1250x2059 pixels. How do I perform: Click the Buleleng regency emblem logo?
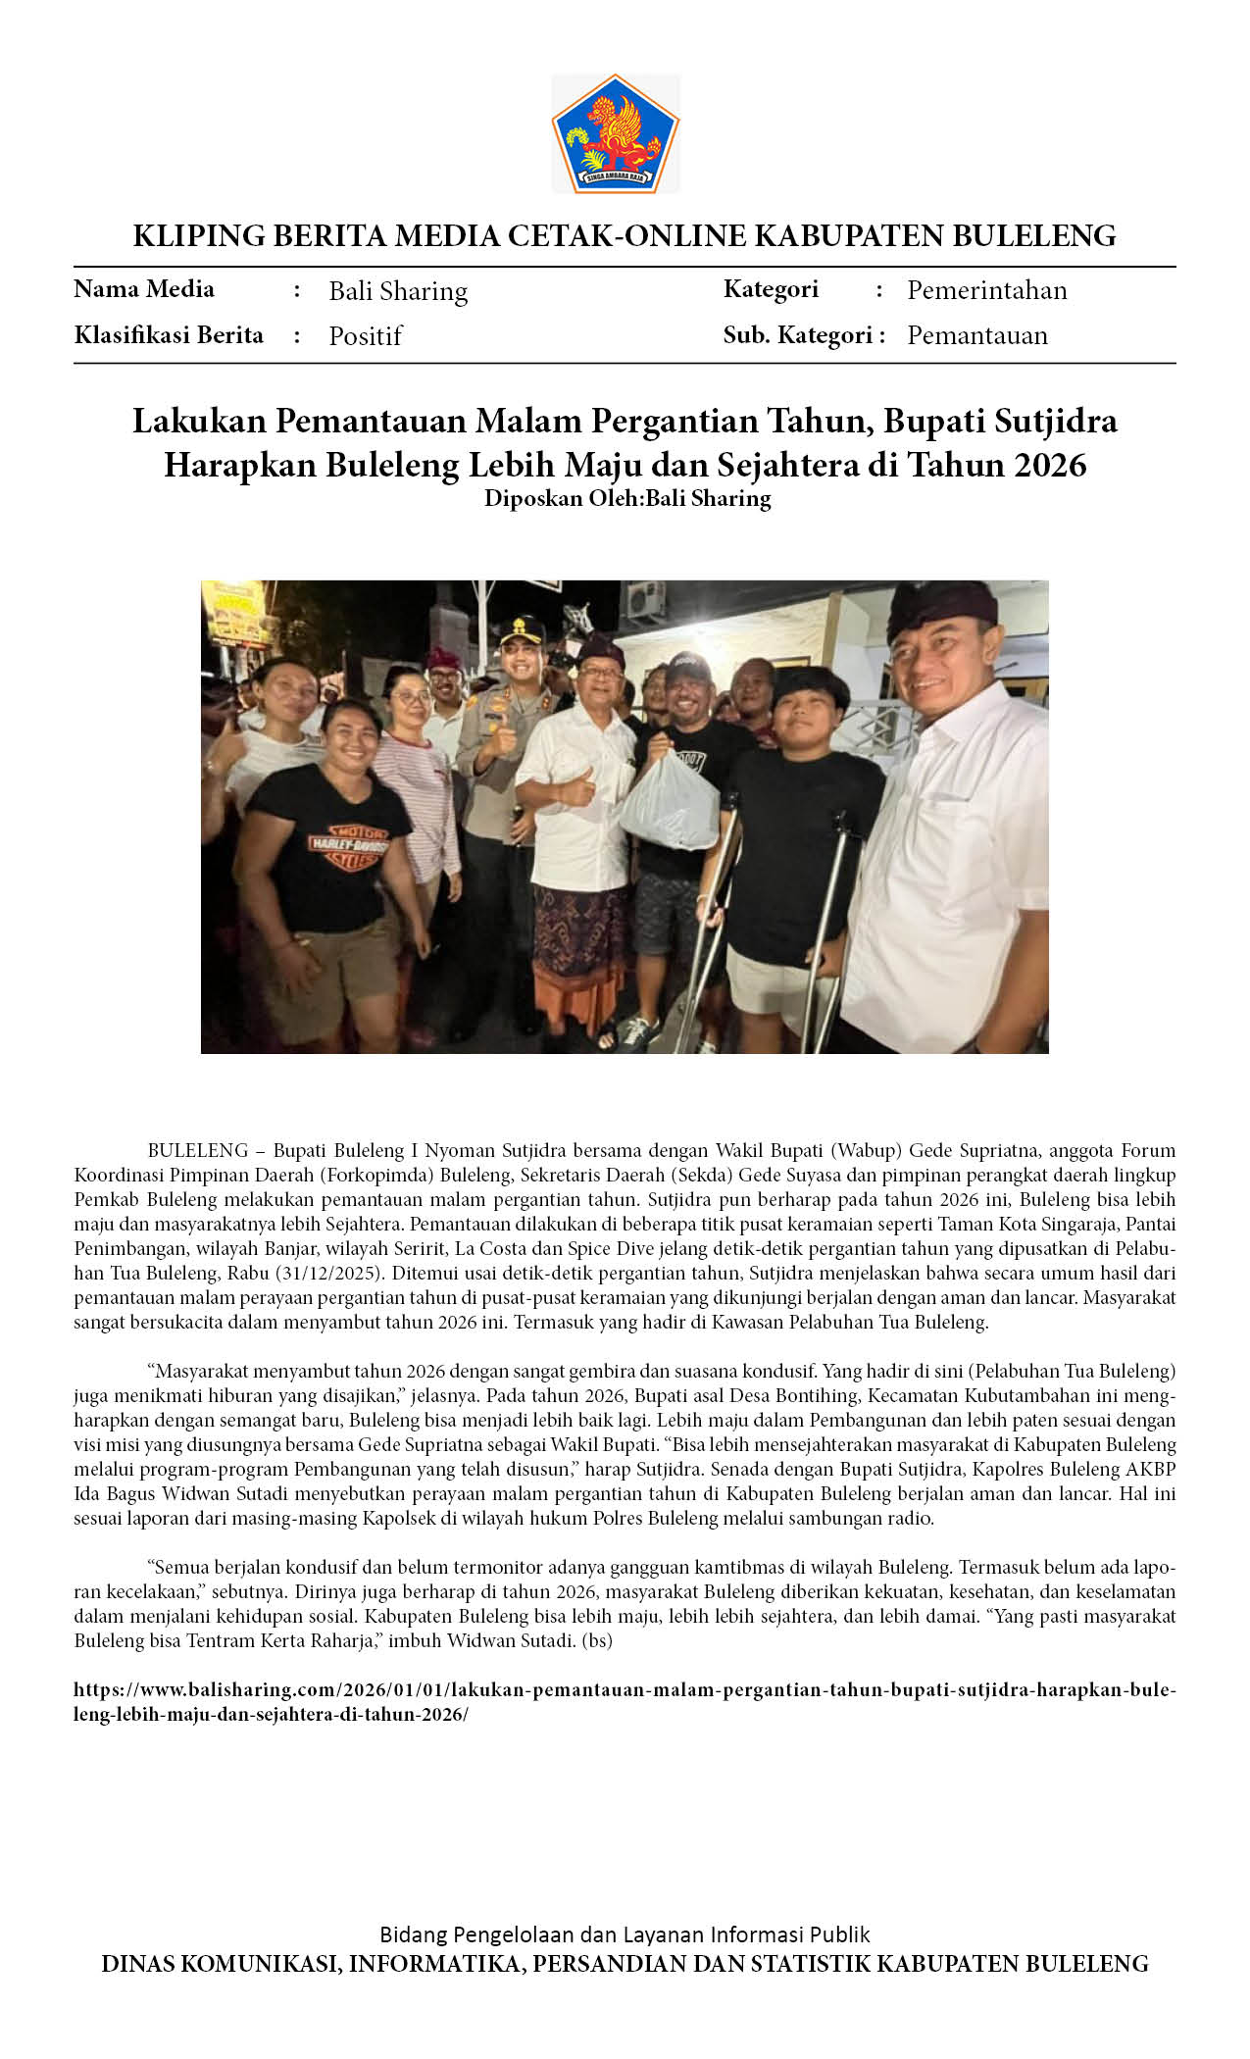615,133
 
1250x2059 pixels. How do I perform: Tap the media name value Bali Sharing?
398,291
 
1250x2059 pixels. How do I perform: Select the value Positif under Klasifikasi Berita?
365,336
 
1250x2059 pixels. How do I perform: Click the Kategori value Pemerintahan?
986,290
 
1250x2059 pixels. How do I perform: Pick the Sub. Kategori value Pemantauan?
976,335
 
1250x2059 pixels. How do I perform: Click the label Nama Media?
144,289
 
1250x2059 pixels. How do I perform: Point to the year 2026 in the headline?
1050,464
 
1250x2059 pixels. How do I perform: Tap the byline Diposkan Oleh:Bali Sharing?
627,498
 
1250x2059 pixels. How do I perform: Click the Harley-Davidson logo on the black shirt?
348,845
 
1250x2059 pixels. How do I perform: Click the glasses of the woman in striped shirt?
411,697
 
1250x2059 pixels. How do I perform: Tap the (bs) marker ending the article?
597,1640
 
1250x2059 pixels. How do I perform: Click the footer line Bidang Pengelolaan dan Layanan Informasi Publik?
625,1934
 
